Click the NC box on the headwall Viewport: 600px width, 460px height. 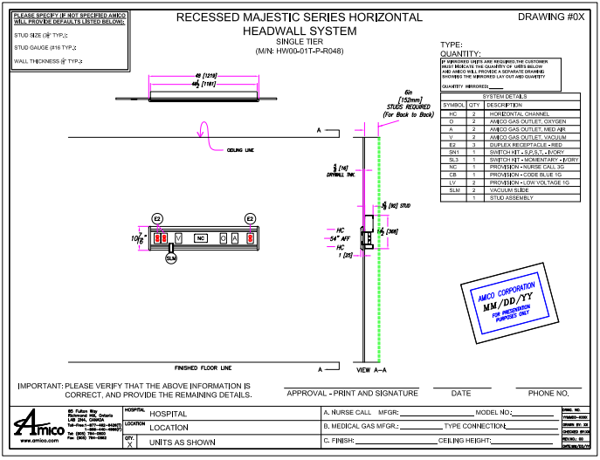pyautogui.click(x=200, y=237)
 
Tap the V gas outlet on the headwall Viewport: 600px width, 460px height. pyautogui.click(x=178, y=237)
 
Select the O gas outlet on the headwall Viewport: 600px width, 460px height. pyautogui.click(x=224, y=237)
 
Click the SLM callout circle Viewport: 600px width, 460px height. pyautogui.click(x=171, y=259)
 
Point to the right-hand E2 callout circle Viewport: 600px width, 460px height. pyautogui.click(x=250, y=218)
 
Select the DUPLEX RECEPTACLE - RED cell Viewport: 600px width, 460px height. pyautogui.click(x=525, y=144)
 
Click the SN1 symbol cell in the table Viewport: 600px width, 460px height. pyautogui.click(x=452, y=152)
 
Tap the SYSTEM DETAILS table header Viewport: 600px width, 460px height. pyautogui.click(x=510, y=97)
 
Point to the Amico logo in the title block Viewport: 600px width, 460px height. pyautogui.click(x=37, y=427)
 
